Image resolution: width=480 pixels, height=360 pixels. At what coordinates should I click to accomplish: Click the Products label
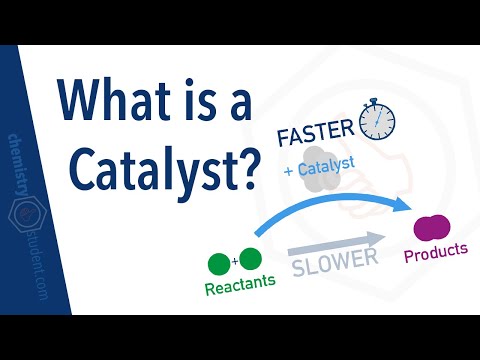(x=435, y=254)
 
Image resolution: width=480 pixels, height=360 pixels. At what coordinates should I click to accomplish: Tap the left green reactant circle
(x=219, y=264)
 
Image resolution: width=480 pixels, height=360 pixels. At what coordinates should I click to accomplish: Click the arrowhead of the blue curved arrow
(x=406, y=205)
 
